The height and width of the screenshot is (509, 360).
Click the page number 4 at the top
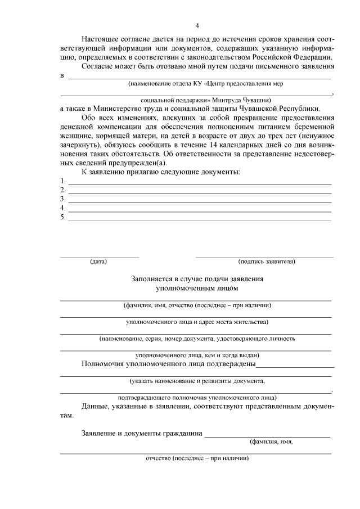click(197, 25)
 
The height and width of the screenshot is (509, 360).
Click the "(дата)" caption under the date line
click(98, 262)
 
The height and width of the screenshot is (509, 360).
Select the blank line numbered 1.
click(199, 183)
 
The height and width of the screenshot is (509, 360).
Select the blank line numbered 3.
click(199, 200)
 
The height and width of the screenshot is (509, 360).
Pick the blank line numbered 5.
click(199, 218)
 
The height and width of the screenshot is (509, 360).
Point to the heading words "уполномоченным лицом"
click(197, 288)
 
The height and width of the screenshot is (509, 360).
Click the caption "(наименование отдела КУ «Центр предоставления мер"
click(205, 83)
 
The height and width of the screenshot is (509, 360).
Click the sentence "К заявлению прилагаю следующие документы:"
click(160, 172)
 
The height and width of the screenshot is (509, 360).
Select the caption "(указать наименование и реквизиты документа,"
click(197, 381)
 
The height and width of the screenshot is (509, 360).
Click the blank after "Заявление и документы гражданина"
click(267, 434)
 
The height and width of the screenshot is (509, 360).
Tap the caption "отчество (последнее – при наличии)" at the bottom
click(197, 458)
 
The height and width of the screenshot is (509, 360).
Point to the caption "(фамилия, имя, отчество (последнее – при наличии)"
click(197, 305)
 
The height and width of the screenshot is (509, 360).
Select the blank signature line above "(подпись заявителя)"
click(264, 256)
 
